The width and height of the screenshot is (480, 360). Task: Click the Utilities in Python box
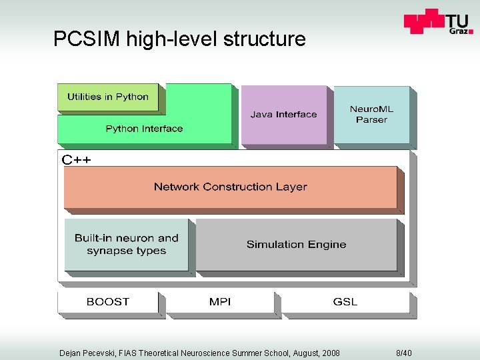[108, 97]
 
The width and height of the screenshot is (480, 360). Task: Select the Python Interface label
[144, 129]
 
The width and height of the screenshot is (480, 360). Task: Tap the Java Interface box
[283, 115]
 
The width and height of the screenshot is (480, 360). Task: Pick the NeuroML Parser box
[371, 114]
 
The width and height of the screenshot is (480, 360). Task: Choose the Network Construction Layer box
[230, 187]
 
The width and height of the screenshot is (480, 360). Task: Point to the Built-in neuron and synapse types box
[127, 245]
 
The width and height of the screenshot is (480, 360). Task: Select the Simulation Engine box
[296, 245]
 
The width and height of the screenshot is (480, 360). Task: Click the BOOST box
[108, 302]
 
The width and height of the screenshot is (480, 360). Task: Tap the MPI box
[220, 302]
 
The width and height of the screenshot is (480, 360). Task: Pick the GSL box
[345, 302]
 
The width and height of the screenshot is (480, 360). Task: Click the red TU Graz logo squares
[424, 21]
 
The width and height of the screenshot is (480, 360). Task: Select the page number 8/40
[404, 353]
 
